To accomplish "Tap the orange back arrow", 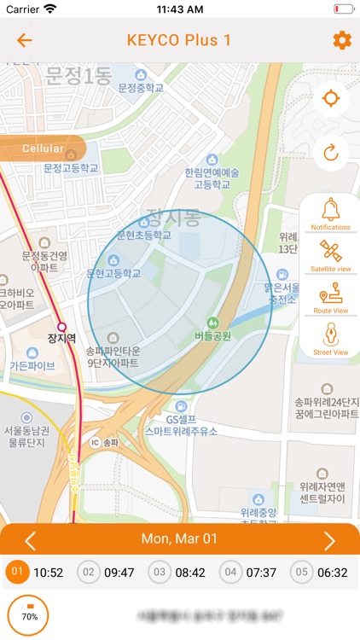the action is [24, 40].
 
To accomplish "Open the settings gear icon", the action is [342, 40].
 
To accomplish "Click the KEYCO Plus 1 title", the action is [179, 40].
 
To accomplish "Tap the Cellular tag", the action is [43, 148].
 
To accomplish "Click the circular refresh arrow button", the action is [330, 153].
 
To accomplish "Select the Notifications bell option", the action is [330, 213].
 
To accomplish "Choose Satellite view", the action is [330, 255].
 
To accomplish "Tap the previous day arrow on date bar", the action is [31, 540].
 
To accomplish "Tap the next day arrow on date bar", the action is [329, 540].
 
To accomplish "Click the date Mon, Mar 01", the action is [179, 540].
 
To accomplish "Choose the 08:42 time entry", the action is [178, 572].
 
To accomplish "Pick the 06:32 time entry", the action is [321, 572].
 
